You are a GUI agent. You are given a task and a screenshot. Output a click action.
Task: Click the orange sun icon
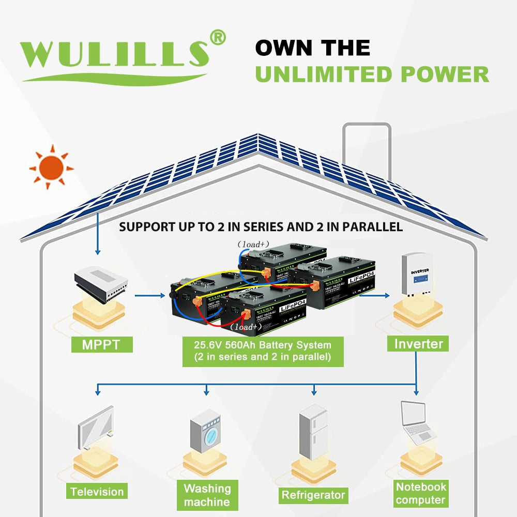click(x=51, y=168)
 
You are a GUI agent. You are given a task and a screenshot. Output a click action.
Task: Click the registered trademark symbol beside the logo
click(x=218, y=38)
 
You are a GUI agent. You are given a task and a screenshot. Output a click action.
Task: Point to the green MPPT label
click(x=102, y=344)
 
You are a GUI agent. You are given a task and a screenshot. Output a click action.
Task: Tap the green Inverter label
click(x=418, y=343)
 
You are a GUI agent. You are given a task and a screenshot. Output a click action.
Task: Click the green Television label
click(x=97, y=492)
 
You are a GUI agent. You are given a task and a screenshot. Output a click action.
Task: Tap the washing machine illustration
click(x=205, y=432)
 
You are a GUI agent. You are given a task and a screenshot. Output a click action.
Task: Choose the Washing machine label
click(x=207, y=495)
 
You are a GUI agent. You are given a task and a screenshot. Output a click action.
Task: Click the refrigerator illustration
click(x=313, y=432)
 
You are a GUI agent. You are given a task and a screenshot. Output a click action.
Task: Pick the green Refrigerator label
click(x=313, y=495)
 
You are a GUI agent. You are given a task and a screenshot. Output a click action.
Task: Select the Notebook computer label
click(x=421, y=493)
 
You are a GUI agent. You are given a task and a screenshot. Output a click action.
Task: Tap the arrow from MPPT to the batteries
click(x=150, y=296)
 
